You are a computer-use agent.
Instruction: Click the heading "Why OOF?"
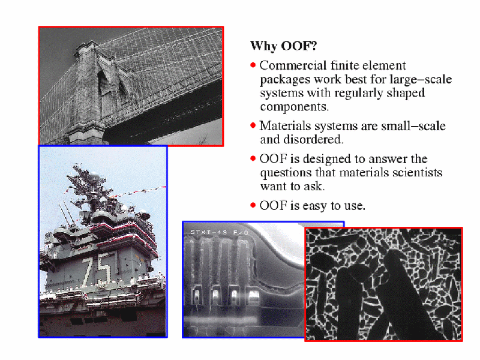pyautogui.click(x=283, y=46)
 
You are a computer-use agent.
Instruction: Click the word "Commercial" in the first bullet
pyautogui.click(x=293, y=65)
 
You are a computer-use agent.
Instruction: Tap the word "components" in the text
pyautogui.click(x=294, y=107)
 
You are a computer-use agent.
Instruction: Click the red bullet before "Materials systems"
pyautogui.click(x=253, y=125)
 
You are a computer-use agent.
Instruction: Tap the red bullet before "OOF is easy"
pyautogui.click(x=253, y=205)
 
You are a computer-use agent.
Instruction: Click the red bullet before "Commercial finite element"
pyautogui.click(x=253, y=65)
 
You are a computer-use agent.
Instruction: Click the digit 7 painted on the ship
pyautogui.click(x=89, y=271)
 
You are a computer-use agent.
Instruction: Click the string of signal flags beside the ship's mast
pyautogui.click(x=139, y=191)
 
